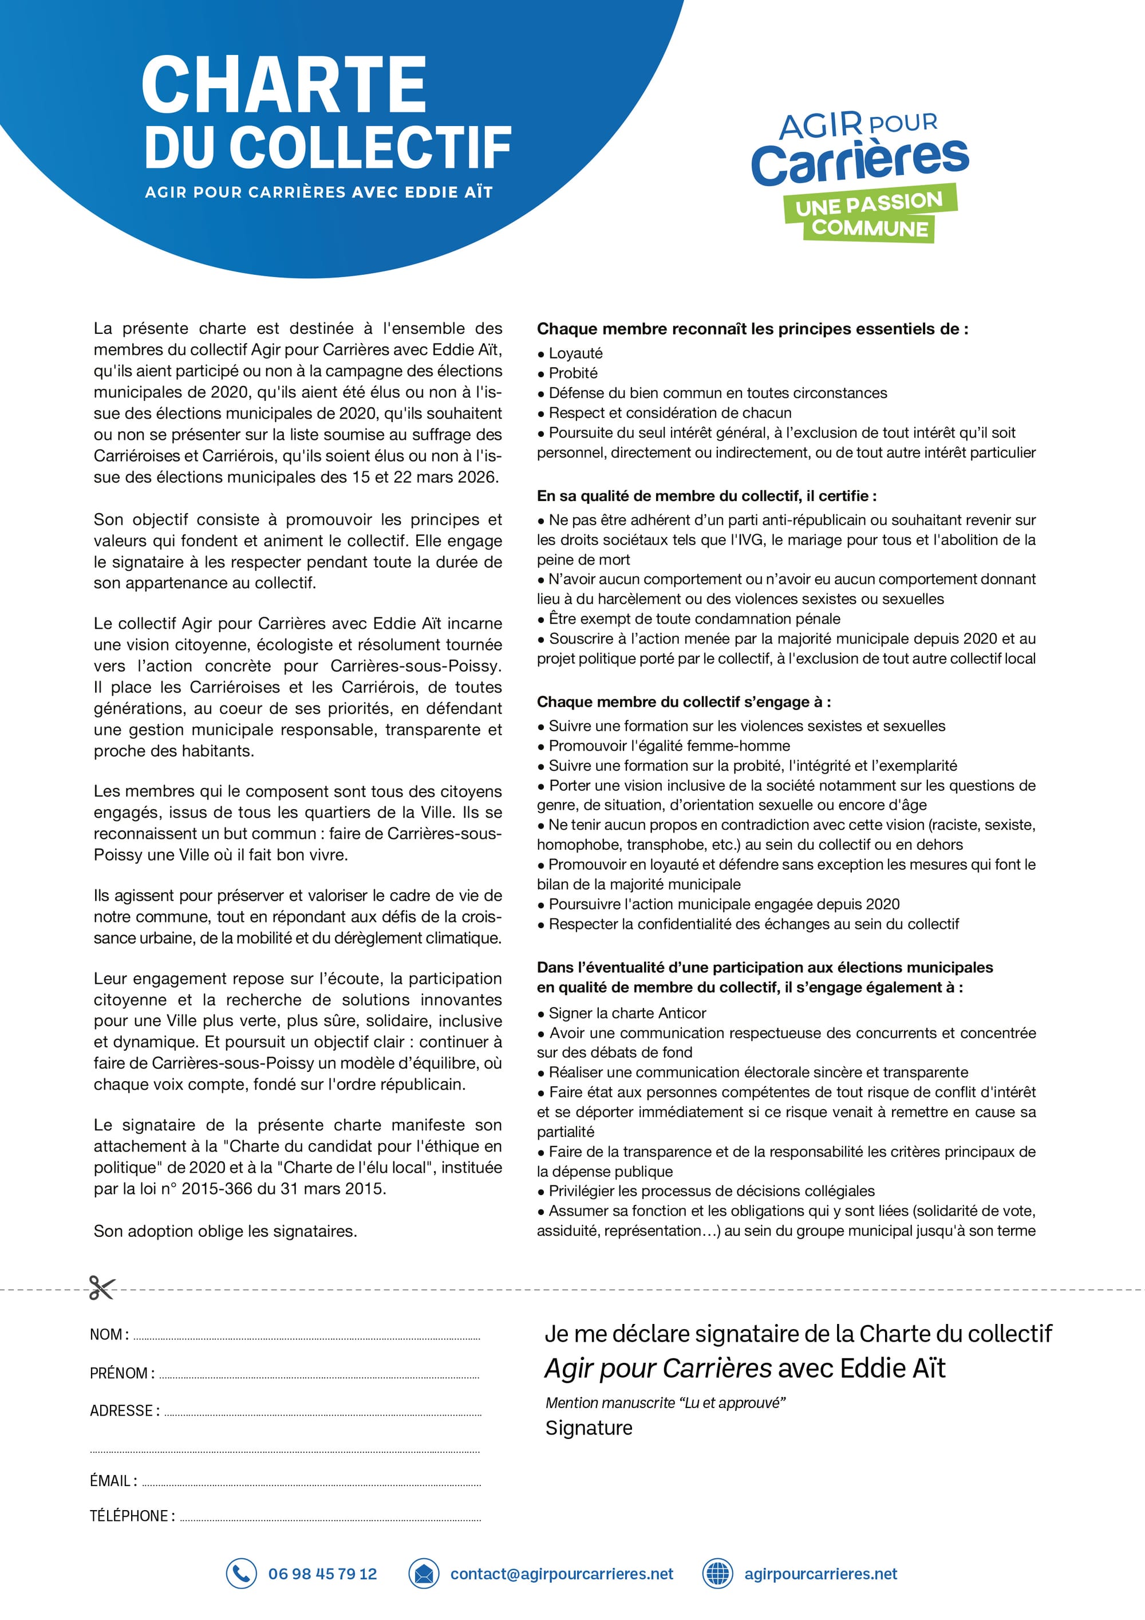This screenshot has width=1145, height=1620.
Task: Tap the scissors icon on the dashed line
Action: click(x=101, y=1288)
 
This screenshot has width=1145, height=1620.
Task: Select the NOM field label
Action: click(x=109, y=1334)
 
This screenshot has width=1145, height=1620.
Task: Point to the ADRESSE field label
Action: click(x=124, y=1410)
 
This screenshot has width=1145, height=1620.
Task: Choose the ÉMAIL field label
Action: click(x=113, y=1480)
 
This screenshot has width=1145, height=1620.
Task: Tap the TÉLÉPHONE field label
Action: click(x=132, y=1516)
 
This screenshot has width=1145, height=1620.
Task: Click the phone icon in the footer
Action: click(x=240, y=1574)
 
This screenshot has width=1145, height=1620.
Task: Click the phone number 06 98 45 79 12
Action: click(x=322, y=1574)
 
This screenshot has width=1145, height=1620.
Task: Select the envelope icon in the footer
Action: click(x=424, y=1574)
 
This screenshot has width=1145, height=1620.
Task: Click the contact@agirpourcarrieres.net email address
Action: click(x=562, y=1574)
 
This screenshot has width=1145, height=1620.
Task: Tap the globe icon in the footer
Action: click(x=717, y=1574)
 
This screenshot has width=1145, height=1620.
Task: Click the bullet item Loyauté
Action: click(x=575, y=353)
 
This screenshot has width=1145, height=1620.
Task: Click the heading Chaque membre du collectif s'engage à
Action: click(x=683, y=702)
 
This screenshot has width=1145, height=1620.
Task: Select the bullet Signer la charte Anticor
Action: click(x=626, y=1013)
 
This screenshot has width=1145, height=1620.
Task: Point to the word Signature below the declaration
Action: click(x=589, y=1428)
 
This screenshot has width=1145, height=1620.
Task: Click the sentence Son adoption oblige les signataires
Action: click(x=225, y=1231)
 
